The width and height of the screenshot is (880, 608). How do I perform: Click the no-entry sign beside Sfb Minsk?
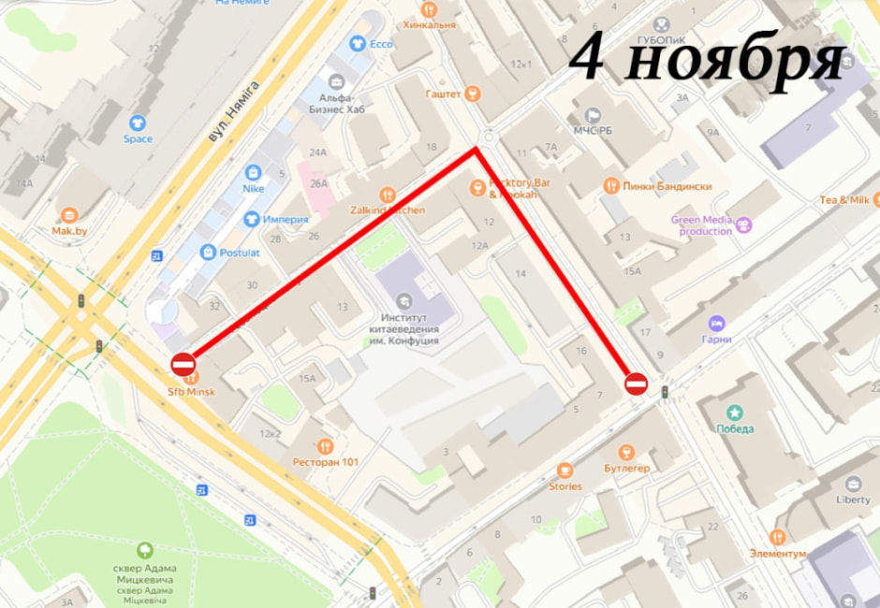[183, 364]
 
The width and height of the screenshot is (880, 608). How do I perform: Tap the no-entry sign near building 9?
[636, 383]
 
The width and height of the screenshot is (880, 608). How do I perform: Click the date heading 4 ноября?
[708, 60]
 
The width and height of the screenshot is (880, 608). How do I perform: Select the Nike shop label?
[253, 188]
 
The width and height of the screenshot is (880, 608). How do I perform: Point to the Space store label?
[138, 139]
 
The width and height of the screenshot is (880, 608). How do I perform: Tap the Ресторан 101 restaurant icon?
[325, 446]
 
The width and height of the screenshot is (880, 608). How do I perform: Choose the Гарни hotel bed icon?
[717, 324]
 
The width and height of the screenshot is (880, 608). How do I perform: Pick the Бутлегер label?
[626, 468]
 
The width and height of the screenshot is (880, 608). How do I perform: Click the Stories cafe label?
[565, 486]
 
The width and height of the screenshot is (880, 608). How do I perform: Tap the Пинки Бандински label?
[666, 186]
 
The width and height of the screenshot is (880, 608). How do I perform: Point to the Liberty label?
[853, 499]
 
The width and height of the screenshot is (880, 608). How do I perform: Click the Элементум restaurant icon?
[777, 537]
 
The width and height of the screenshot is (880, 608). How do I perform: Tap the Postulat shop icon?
[209, 253]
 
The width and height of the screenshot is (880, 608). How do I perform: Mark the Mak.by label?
[68, 230]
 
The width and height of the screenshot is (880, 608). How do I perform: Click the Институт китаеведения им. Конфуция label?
[404, 328]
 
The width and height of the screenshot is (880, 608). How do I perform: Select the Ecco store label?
[380, 44]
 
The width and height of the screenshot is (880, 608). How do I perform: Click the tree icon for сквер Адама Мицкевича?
[145, 551]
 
